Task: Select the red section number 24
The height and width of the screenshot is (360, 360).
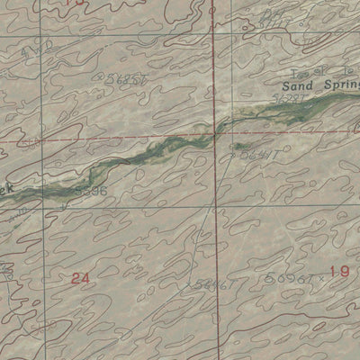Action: tap(80, 279)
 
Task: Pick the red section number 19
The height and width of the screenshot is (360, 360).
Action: tap(338, 272)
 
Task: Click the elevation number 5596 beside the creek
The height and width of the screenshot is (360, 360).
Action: tap(92, 191)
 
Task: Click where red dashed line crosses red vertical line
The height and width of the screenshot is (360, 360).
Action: tap(214, 138)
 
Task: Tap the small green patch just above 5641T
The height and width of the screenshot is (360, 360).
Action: tap(241, 145)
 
